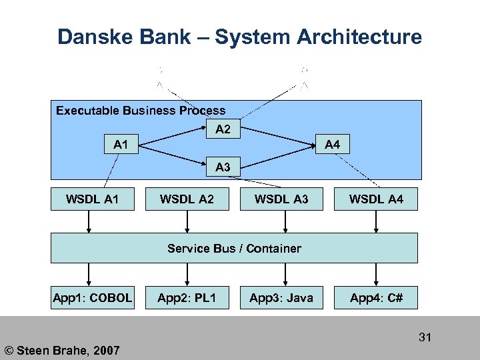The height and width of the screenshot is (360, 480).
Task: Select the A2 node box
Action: (223, 130)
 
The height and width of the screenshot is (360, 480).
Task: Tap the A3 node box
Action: (223, 167)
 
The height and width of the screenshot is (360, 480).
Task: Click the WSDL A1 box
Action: (93, 199)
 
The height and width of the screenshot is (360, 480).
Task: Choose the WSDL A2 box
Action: (187, 199)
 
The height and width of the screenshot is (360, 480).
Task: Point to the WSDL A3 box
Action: (281, 199)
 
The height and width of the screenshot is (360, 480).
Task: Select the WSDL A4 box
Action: (376, 199)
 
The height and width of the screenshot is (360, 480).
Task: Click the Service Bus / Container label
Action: (234, 249)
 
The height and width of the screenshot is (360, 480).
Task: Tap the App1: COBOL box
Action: (93, 298)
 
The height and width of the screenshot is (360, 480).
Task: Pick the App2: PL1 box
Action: (187, 298)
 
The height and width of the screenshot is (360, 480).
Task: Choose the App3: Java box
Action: (281, 298)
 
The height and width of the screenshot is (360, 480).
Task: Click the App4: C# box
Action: (376, 298)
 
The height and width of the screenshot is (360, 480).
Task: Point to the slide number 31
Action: (425, 337)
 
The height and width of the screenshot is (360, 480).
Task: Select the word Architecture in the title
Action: (357, 37)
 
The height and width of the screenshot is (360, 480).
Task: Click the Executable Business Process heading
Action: (141, 111)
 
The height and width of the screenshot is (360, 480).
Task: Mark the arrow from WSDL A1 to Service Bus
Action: (89, 221)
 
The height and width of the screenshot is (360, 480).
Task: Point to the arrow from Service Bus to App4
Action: (376, 274)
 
